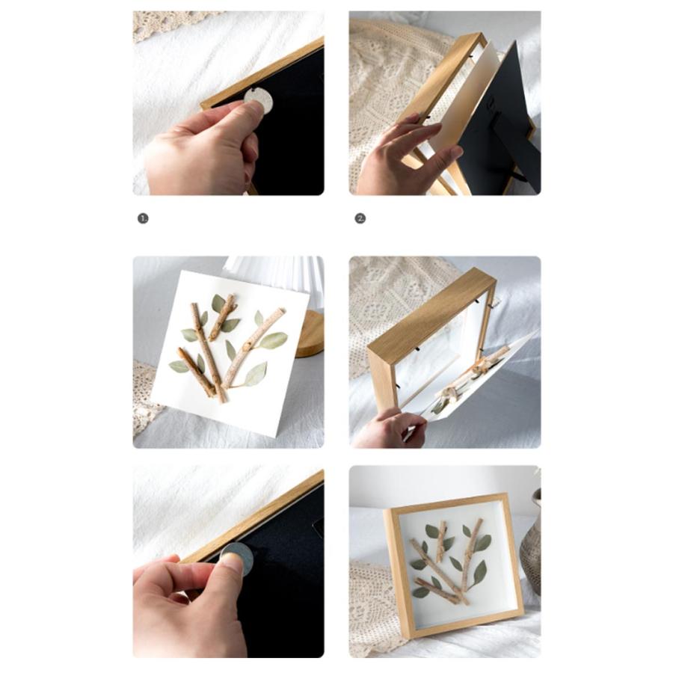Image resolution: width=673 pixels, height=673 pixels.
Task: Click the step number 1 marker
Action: click(x=143, y=218)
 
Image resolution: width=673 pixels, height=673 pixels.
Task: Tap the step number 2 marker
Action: click(x=360, y=218)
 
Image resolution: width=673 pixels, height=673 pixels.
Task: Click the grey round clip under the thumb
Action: click(x=237, y=559)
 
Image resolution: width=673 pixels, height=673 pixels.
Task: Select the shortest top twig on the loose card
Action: click(x=222, y=317)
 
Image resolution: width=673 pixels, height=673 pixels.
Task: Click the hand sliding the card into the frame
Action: click(x=390, y=429)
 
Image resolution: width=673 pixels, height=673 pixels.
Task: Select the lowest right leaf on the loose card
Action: click(x=256, y=373)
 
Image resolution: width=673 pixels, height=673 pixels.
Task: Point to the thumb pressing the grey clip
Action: click(x=231, y=562)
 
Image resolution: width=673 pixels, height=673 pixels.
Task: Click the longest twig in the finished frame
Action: click(x=439, y=571)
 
